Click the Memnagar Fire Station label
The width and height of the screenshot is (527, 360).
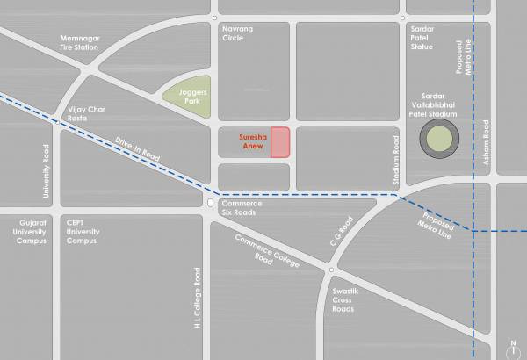tap(78, 42)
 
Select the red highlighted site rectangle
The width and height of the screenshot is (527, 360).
tap(280, 142)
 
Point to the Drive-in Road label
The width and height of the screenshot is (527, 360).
tap(139, 148)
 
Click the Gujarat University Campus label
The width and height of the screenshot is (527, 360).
tap(32, 232)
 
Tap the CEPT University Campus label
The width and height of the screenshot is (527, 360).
tap(82, 232)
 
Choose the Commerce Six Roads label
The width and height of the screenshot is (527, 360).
tap(242, 208)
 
